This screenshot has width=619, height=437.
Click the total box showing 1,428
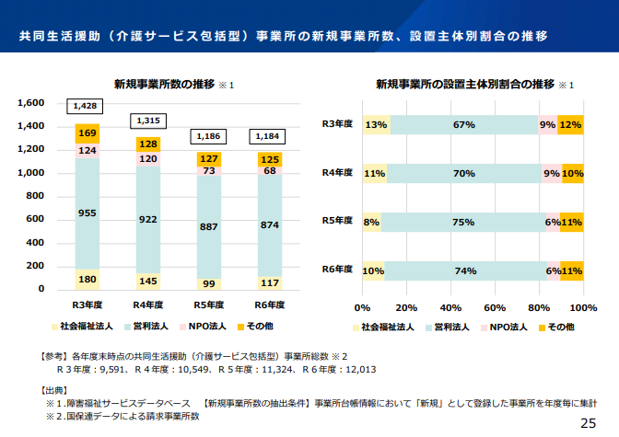[85, 107]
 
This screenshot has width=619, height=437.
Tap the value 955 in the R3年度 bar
[88, 213]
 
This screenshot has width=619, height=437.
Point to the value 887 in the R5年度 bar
[208, 226]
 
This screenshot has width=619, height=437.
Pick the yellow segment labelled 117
[270, 282]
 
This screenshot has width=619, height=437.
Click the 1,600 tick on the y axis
[30, 102]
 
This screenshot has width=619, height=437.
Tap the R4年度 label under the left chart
[148, 305]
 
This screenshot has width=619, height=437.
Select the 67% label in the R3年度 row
[463, 125]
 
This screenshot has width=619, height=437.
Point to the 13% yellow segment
[376, 125]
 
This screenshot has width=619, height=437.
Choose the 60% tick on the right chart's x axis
[496, 307]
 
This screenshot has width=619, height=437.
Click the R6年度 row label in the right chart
[337, 269]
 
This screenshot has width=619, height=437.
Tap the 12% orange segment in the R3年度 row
[570, 125]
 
